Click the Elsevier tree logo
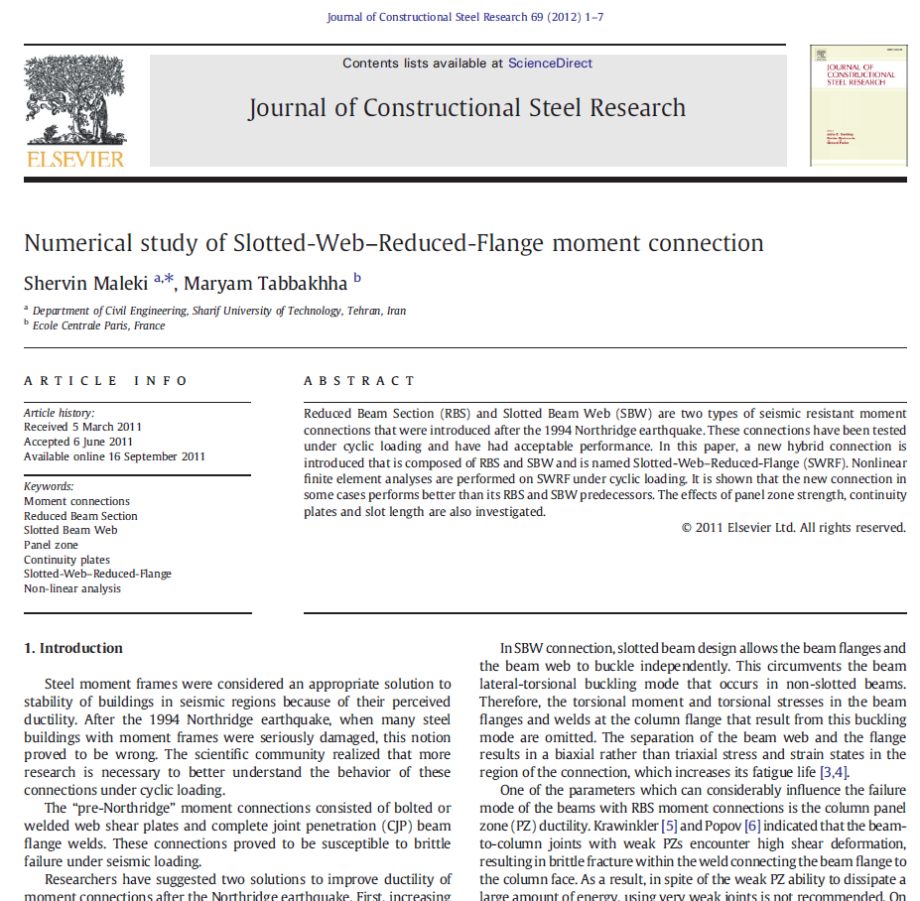tap(74, 102)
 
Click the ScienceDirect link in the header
tap(550, 64)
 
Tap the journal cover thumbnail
tap(857, 104)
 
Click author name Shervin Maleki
tap(86, 284)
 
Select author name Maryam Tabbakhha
tap(265, 284)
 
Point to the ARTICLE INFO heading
tap(106, 381)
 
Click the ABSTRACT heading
tap(359, 381)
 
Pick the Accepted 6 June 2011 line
tap(77, 443)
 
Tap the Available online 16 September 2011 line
tap(114, 456)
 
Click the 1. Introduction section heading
tap(73, 648)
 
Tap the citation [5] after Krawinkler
tap(670, 826)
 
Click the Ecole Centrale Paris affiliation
tap(98, 325)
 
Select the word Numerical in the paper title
tap(74, 243)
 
